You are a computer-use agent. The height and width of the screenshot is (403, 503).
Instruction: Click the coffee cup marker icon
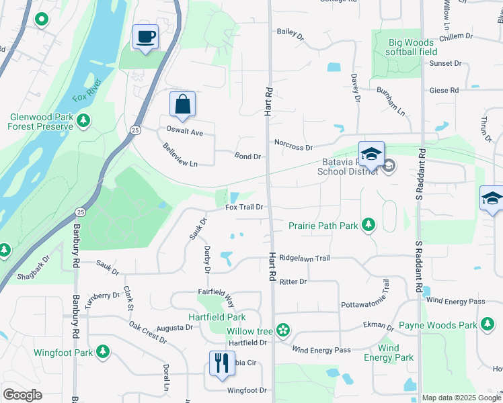tap(145, 36)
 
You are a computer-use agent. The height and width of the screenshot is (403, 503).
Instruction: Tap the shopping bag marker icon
tap(182, 104)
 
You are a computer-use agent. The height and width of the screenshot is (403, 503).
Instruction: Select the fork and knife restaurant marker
tap(222, 363)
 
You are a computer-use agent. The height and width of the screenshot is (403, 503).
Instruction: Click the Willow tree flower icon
tap(283, 330)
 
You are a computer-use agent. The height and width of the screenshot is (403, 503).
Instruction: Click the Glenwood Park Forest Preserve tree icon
tap(83, 121)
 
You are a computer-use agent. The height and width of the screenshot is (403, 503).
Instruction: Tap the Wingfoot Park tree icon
tap(103, 351)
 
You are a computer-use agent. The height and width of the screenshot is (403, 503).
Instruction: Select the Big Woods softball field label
tap(413, 47)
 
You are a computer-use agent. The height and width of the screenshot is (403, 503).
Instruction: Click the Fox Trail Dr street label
tap(243, 207)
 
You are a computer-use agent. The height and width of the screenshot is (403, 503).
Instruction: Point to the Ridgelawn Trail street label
tap(305, 258)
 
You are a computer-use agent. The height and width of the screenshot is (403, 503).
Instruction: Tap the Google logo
tap(22, 394)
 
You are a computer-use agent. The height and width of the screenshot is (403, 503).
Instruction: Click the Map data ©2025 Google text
tap(461, 398)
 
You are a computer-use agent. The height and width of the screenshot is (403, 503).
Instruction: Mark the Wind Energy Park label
tap(389, 353)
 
